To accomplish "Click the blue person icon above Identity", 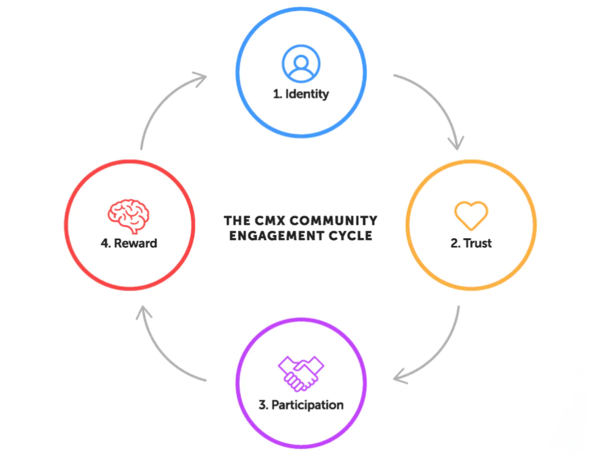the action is [301, 64].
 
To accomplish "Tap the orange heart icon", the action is [471, 216].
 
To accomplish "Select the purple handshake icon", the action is [301, 373].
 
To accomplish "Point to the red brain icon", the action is [129, 216].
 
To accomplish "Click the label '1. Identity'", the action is [301, 93].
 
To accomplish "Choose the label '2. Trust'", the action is [471, 243].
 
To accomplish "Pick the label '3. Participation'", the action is [301, 405].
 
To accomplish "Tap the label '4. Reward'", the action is [129, 243].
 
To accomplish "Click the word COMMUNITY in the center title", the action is [334, 220].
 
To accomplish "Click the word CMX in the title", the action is [270, 220].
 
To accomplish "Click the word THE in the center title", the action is [237, 220].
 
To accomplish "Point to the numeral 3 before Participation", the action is [262, 405].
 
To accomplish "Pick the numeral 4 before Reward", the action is [104, 244].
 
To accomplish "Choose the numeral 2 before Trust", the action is [454, 244].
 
